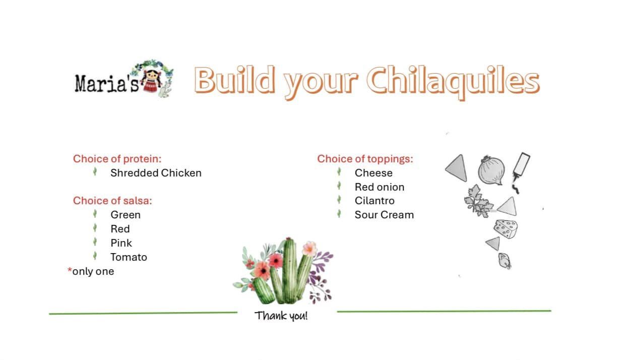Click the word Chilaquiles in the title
click(x=453, y=82)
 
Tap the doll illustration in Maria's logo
click(x=151, y=81)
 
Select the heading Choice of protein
click(x=117, y=159)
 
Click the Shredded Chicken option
click(x=156, y=173)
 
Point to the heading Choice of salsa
click(x=112, y=201)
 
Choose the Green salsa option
click(x=126, y=215)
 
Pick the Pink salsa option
click(x=121, y=243)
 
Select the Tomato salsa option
click(x=129, y=257)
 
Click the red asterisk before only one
click(x=70, y=270)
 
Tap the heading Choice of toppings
click(x=365, y=159)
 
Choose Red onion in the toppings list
click(x=380, y=187)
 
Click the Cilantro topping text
click(x=374, y=201)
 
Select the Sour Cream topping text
click(x=385, y=215)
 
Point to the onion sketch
click(x=491, y=170)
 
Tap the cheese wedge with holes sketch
click(x=506, y=229)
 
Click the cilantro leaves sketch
click(x=478, y=202)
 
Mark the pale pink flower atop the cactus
click(x=309, y=248)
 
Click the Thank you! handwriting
click(x=281, y=316)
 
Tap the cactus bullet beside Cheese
click(x=339, y=171)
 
